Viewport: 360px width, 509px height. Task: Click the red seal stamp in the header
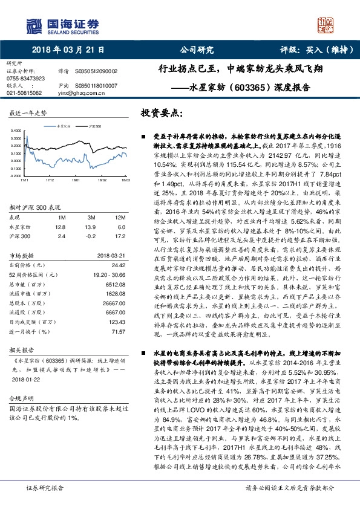(x=327, y=24)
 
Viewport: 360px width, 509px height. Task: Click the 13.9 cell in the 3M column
(x=92, y=227)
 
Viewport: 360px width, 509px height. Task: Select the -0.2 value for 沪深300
(x=92, y=236)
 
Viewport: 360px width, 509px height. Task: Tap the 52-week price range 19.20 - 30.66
(x=108, y=274)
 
